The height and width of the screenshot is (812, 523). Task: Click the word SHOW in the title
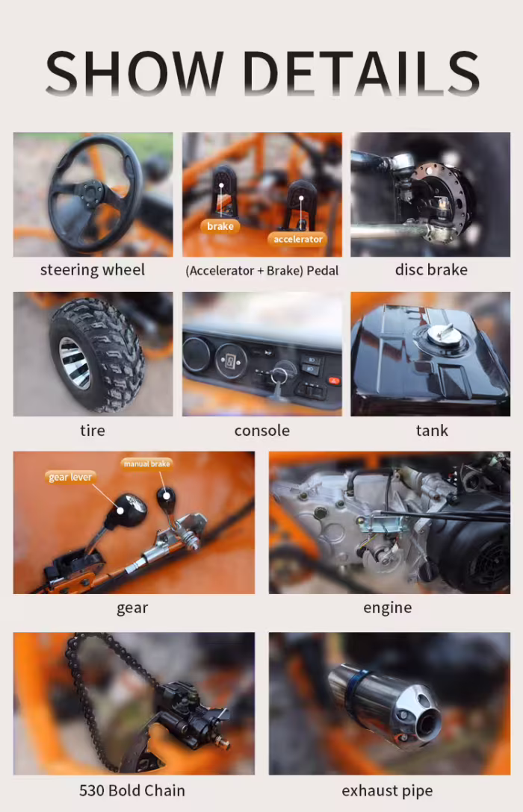134,73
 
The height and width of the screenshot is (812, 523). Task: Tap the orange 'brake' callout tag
220,226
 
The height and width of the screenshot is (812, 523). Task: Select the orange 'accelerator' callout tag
297,239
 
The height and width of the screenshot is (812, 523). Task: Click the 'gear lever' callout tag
70,477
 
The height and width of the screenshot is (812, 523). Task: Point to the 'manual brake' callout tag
146,463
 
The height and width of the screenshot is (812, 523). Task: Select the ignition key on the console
280,381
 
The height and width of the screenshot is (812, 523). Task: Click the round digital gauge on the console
231,360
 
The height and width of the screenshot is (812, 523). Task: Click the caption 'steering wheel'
92,270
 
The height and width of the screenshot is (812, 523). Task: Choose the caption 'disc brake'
431,270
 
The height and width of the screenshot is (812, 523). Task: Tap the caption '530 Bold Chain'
132,790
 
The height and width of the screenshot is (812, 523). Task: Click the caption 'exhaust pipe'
387,791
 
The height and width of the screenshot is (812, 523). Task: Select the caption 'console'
261,431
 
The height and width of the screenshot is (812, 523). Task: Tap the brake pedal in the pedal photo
223,190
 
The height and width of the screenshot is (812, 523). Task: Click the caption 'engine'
387,608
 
